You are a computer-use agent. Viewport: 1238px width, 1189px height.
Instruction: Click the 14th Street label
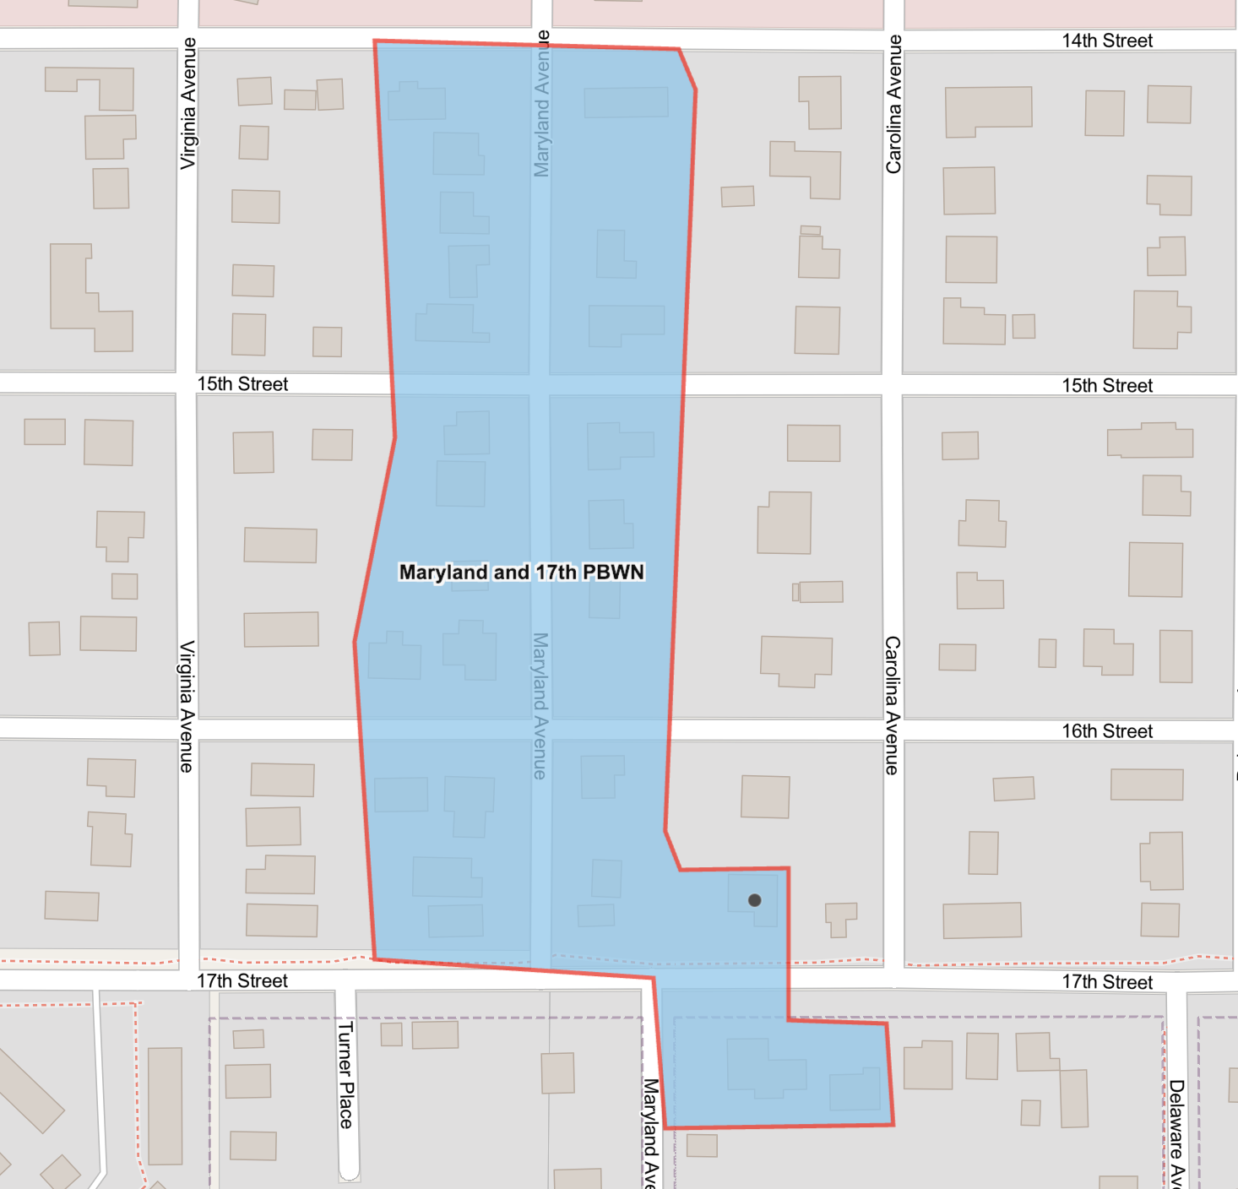coord(1106,41)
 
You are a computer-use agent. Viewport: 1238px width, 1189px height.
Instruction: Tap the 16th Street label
coord(1106,731)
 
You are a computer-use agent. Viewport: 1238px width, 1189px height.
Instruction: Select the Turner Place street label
coord(345,1074)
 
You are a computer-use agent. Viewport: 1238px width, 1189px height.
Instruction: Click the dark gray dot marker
coord(755,900)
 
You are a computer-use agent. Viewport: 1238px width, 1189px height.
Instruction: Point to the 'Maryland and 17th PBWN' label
coord(521,573)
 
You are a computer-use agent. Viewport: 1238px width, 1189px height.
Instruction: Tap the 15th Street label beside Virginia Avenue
coord(242,384)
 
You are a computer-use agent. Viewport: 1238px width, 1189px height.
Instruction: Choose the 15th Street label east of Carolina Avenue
coord(1106,386)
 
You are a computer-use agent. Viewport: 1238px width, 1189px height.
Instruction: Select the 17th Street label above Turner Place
coord(242,981)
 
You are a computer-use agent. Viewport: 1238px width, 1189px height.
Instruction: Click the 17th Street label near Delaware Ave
coord(1106,982)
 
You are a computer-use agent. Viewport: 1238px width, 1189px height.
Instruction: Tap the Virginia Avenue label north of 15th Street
coord(187,103)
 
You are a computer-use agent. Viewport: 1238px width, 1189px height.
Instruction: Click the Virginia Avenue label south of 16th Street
coord(187,706)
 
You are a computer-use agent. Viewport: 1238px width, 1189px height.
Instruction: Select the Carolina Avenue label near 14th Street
coord(893,105)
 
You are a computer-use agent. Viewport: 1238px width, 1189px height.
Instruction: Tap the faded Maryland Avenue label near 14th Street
coord(541,103)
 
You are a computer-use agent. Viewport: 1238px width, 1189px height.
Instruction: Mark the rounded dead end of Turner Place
coord(349,1174)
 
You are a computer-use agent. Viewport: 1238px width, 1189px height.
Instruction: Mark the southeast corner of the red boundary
coord(893,1125)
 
